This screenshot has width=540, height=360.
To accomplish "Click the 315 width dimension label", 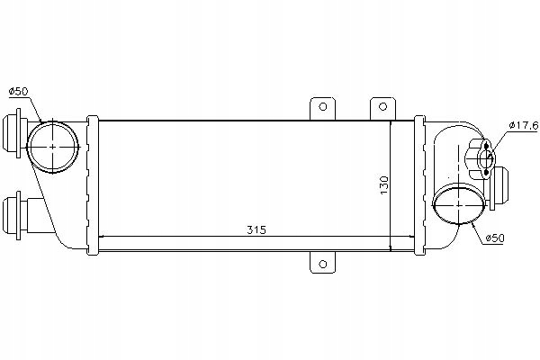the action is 256,229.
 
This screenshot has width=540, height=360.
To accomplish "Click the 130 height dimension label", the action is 384,185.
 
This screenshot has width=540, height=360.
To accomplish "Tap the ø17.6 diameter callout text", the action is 524,125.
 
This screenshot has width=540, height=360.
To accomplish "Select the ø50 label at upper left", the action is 18,91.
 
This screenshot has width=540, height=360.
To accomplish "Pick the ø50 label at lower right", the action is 494,238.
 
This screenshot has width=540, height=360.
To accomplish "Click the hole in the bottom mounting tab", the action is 323,265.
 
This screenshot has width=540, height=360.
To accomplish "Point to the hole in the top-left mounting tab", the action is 323,106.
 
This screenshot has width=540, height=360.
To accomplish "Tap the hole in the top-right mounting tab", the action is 382,106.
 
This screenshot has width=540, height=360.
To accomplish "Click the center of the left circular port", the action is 52,147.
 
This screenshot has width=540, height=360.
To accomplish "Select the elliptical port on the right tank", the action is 459,204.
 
